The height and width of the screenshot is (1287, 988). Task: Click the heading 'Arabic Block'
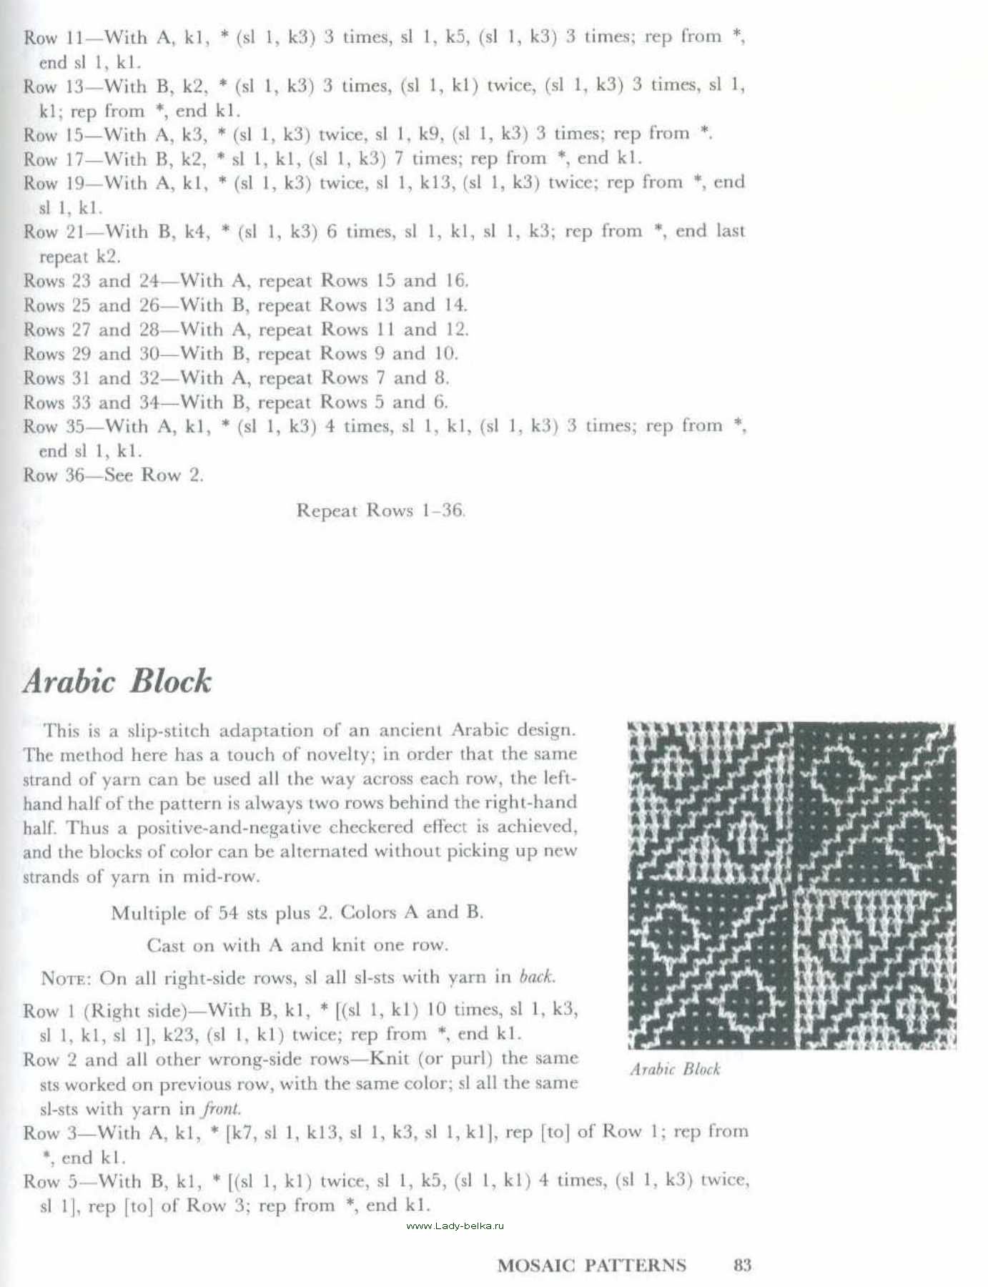coord(117,681)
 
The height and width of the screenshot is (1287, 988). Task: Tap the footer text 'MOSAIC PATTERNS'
coord(591,1265)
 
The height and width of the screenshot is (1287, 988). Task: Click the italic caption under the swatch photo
coord(675,1069)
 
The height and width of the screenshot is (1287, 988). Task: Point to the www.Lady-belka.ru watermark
coord(455,1226)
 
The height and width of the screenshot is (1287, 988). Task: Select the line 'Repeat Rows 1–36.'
coord(380,511)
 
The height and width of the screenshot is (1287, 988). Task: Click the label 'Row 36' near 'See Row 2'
coord(54,475)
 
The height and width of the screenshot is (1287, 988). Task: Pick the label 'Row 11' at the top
coord(54,37)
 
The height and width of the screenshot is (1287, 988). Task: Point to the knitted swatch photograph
coord(791,885)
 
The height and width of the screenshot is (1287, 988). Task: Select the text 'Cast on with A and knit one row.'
coord(297,945)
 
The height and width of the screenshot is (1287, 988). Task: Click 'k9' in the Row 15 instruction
coord(427,134)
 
